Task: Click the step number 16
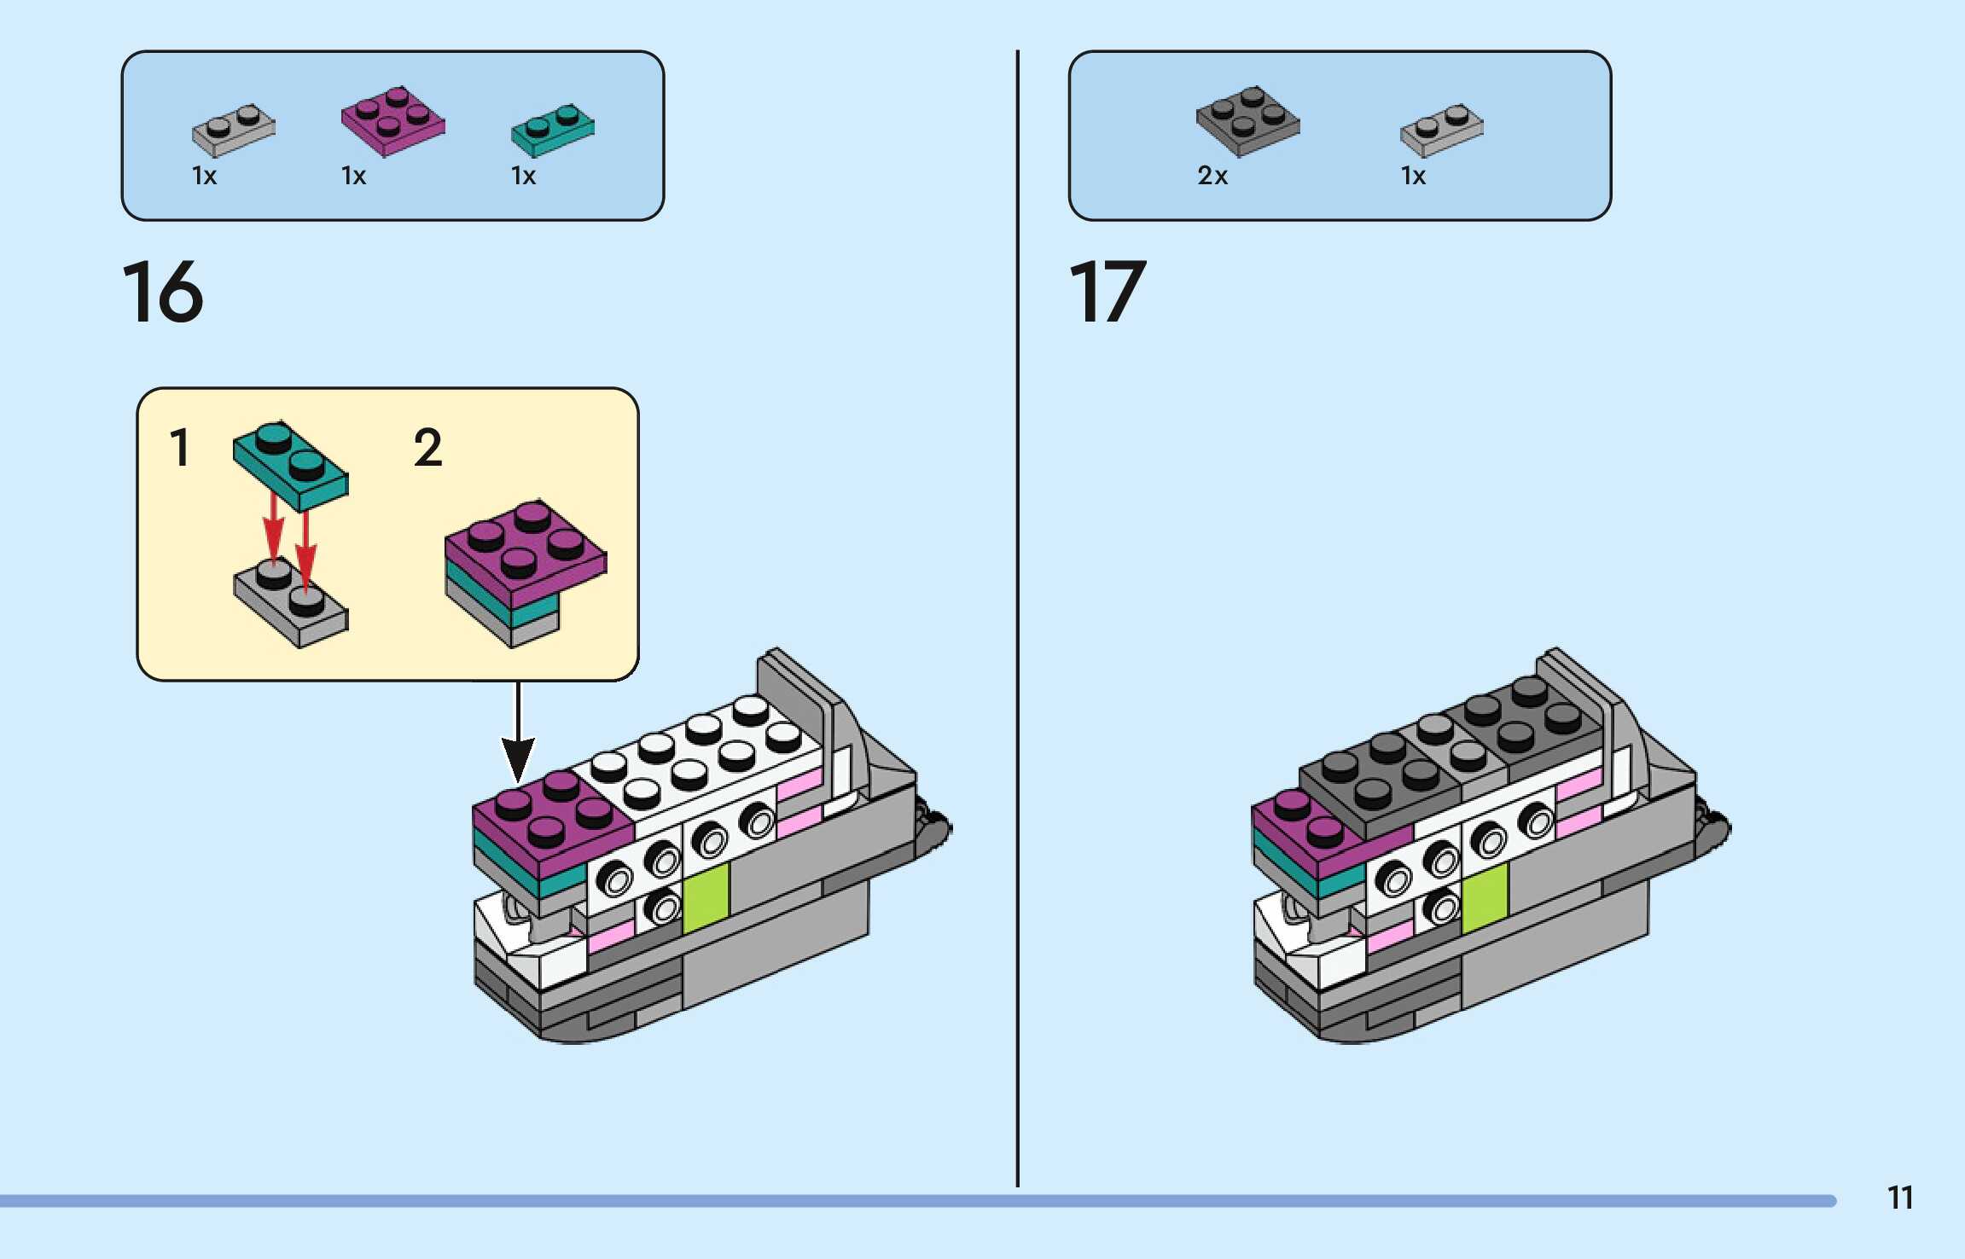(163, 293)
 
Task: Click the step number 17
(1107, 293)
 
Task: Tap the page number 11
(1899, 1198)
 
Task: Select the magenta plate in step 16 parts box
(393, 121)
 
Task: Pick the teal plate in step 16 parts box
(553, 131)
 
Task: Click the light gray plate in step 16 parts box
(234, 131)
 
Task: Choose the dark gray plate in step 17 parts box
(1247, 121)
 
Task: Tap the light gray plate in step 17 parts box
(1441, 131)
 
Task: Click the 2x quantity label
(1212, 176)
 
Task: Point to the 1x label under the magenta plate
(353, 176)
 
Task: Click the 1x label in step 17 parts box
(1413, 176)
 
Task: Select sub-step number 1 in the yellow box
(179, 448)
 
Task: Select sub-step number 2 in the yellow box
(427, 448)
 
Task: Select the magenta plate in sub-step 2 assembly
(525, 546)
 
